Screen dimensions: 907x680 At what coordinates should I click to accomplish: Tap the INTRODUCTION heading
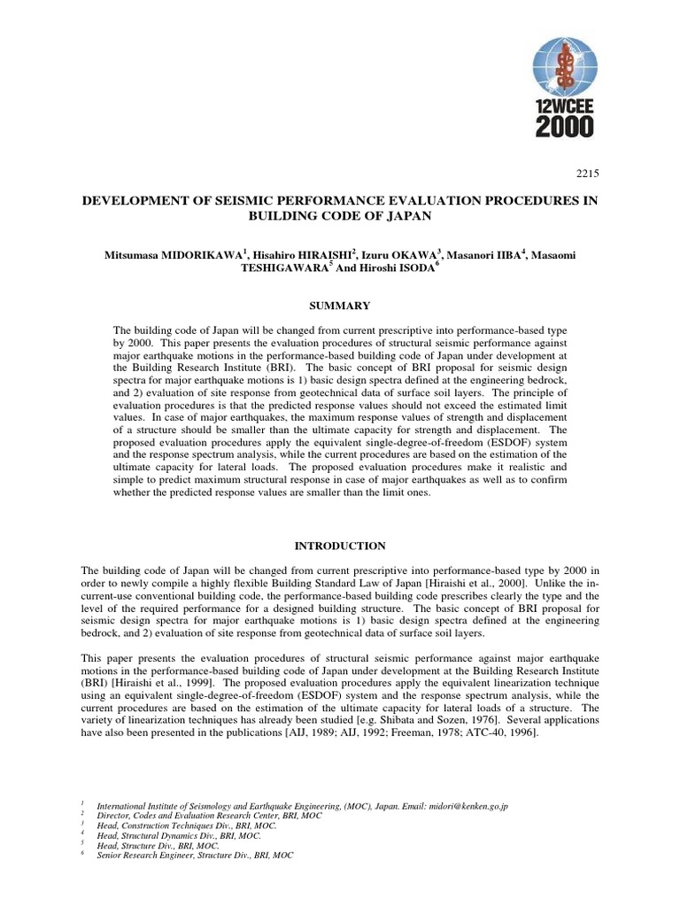click(x=340, y=546)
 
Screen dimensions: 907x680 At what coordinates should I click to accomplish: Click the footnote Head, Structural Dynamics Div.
click(x=180, y=835)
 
